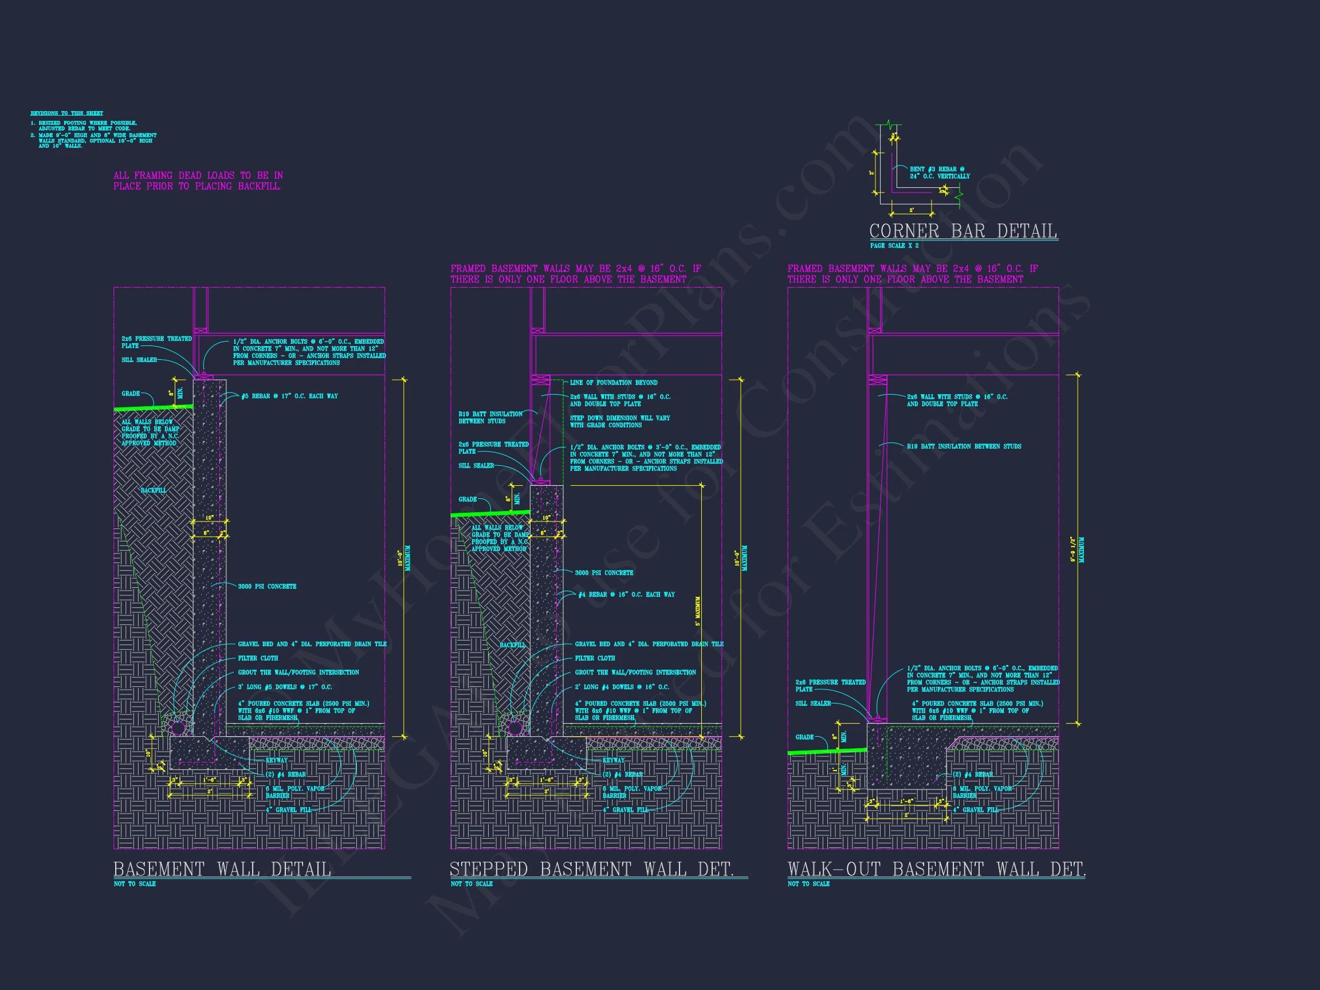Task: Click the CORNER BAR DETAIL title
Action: tap(962, 231)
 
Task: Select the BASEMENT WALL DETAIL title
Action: tap(222, 869)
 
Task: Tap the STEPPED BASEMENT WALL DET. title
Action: tap(591, 869)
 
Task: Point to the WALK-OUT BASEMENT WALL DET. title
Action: tap(936, 869)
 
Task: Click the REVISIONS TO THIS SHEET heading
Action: tap(67, 113)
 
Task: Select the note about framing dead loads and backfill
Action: tap(198, 181)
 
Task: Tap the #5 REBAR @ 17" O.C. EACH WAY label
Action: tap(289, 396)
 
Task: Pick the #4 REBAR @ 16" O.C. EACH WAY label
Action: tap(627, 594)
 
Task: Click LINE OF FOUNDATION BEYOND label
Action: tap(614, 383)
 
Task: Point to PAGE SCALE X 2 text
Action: tap(894, 246)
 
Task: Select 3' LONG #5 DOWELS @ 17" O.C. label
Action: tap(285, 687)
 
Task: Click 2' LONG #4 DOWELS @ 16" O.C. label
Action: tap(622, 687)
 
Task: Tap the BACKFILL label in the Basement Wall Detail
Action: tap(154, 490)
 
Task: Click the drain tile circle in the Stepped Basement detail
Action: tap(514, 728)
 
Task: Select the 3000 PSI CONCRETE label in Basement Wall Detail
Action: tap(267, 587)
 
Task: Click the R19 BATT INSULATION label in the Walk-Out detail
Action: tap(964, 446)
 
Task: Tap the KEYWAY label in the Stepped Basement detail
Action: tap(614, 760)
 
